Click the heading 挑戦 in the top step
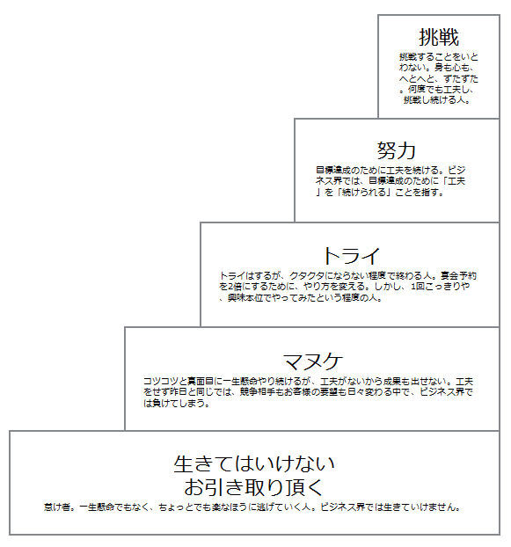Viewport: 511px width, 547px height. [439, 37]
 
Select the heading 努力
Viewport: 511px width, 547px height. [397, 150]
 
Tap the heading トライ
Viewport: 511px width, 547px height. [352, 256]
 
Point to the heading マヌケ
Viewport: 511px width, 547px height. [313, 361]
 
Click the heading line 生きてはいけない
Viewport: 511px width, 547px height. [254, 464]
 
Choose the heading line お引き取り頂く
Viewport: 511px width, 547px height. [254, 487]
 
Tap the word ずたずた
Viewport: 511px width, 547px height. [460, 78]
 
